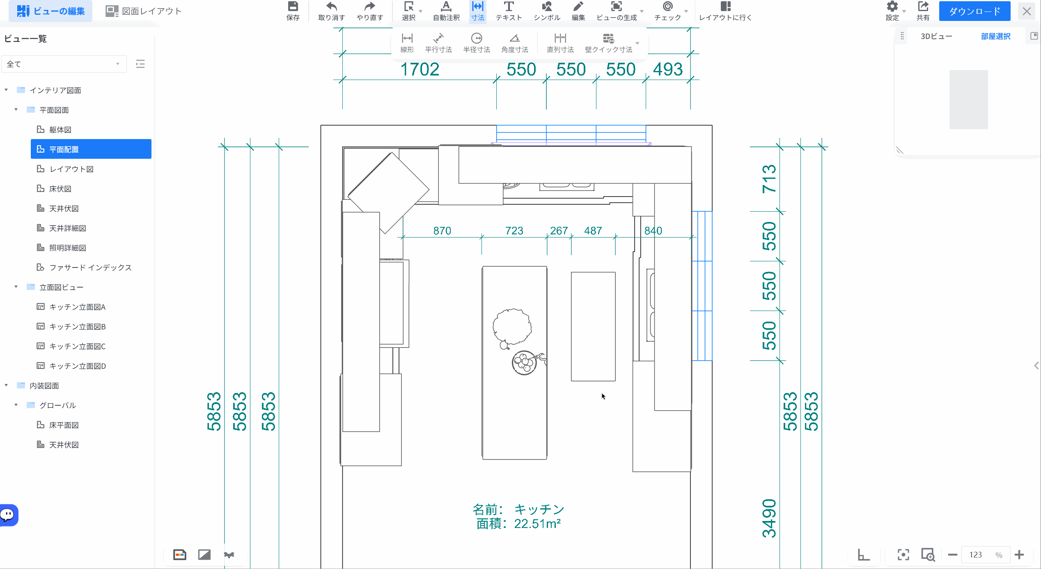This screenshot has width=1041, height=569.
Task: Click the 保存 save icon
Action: (293, 7)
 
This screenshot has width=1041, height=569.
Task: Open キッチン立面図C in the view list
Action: (77, 346)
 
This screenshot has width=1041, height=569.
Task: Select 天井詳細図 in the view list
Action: (68, 228)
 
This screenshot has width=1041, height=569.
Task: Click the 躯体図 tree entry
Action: (60, 130)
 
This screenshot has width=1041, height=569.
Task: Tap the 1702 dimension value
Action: (420, 69)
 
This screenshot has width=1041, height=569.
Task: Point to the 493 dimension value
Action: (668, 69)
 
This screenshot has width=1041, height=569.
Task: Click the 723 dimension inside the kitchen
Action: (514, 231)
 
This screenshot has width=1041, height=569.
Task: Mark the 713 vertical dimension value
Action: (769, 179)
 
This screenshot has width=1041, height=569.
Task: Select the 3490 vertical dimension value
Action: (769, 518)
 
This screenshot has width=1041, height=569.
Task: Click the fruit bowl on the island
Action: (525, 363)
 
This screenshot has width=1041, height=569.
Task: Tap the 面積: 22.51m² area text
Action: (518, 524)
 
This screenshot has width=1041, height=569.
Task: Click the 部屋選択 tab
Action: (995, 37)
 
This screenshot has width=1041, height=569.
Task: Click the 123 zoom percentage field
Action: (976, 555)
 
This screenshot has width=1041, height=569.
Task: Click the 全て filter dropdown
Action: (64, 64)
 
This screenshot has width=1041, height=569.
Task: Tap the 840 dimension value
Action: (653, 231)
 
